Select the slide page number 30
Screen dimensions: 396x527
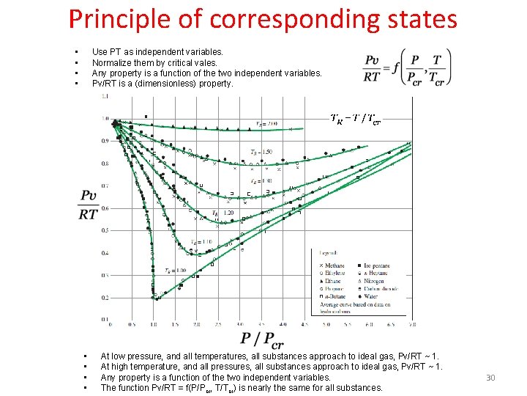(490, 378)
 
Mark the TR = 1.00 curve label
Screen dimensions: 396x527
(175, 270)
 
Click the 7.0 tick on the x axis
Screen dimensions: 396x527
(412, 324)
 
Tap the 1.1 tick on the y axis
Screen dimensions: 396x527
(105, 96)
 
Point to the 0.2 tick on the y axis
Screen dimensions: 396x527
(105, 298)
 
